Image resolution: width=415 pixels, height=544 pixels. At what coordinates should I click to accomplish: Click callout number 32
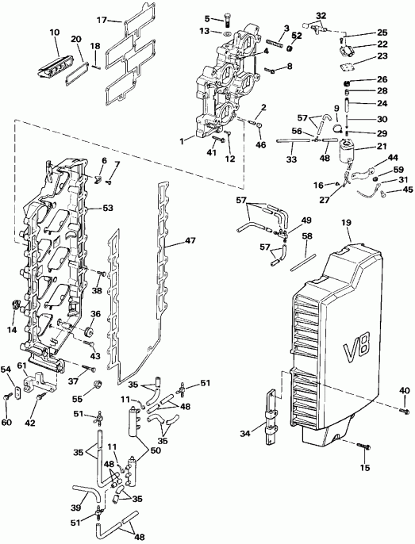point(321,16)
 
